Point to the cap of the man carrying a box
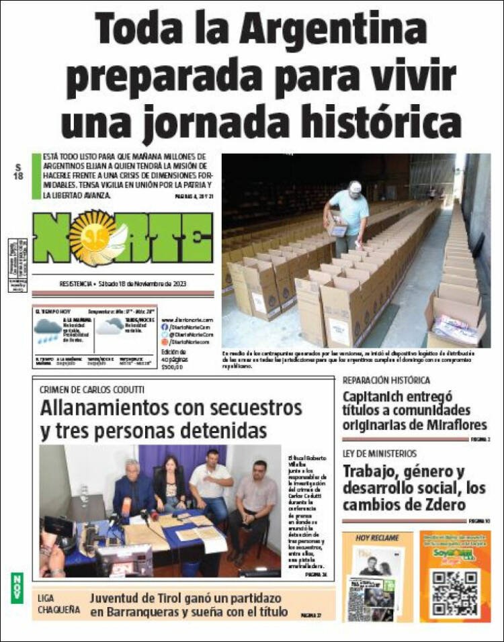pos(355,186)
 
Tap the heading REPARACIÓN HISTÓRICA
pos(387,380)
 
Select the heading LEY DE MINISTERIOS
pos(380,454)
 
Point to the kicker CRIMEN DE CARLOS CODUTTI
pos(92,389)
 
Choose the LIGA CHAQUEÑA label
pos(58,604)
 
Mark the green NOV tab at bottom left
pos(16,587)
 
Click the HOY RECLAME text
pos(377,538)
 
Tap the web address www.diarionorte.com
pos(187,320)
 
